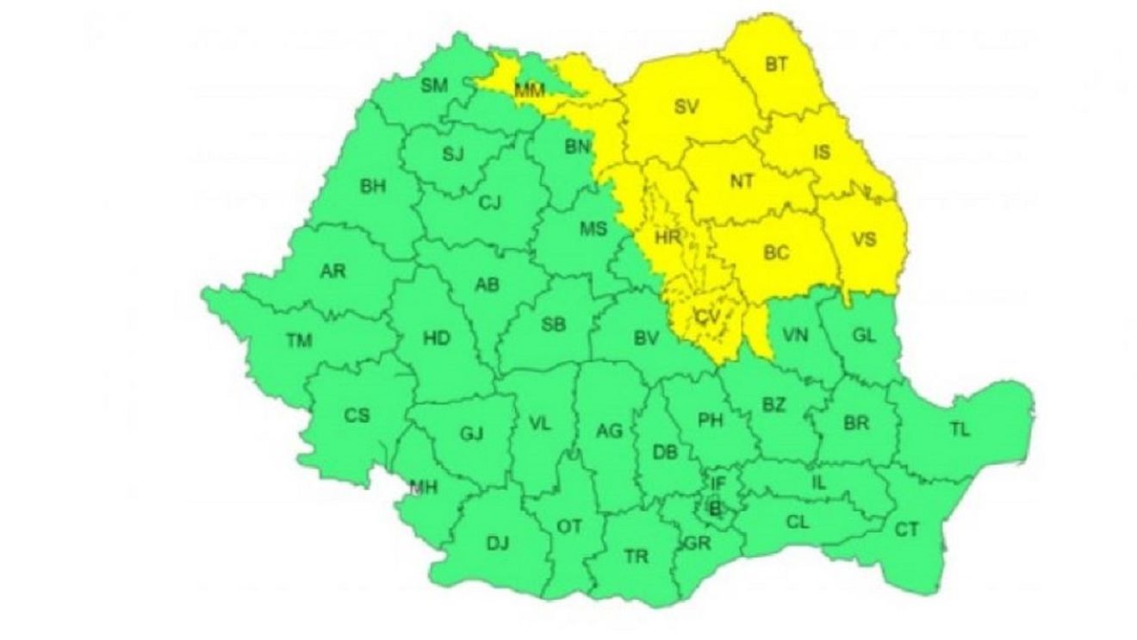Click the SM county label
click(434, 85)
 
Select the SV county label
click(687, 108)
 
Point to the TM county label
click(299, 341)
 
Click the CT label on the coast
click(906, 530)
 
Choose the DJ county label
click(498, 544)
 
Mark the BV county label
click(646, 340)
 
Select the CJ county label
click(489, 203)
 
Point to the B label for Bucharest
click(713, 508)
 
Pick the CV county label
click(706, 318)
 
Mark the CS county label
click(357, 415)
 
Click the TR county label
click(636, 557)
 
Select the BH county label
click(372, 186)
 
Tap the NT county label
click(741, 182)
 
